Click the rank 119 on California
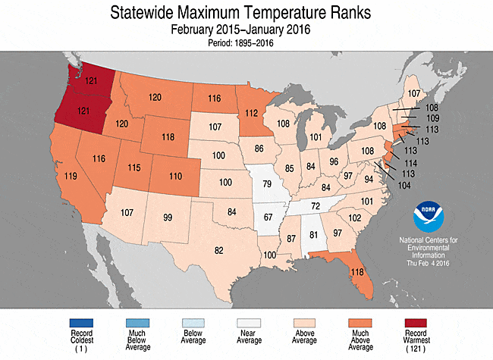click(x=71, y=176)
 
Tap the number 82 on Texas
click(x=219, y=250)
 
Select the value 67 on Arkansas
click(x=268, y=217)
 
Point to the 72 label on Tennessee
click(x=316, y=206)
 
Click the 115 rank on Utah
click(x=134, y=167)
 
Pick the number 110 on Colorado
click(x=175, y=177)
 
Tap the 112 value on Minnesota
click(x=252, y=113)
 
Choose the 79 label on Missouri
click(x=267, y=183)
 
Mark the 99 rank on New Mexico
click(x=168, y=218)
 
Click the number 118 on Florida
click(x=357, y=272)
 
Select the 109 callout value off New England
click(x=432, y=118)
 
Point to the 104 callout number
click(x=404, y=186)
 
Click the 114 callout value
click(x=411, y=163)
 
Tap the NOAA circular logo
click(x=429, y=217)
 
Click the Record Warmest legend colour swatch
click(x=416, y=323)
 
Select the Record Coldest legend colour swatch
click(x=81, y=323)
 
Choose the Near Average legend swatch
click(x=249, y=323)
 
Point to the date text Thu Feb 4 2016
click(x=428, y=263)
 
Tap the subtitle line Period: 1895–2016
click(x=240, y=42)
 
